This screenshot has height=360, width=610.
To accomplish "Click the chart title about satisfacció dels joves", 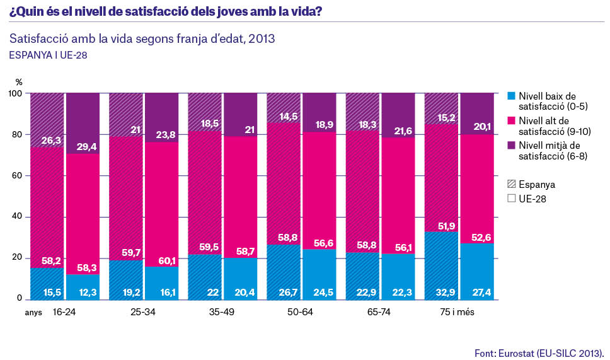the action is pos(166,11).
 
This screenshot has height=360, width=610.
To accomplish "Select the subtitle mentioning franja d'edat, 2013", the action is pos(142,39).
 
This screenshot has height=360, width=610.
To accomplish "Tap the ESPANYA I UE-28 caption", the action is pos(48,55).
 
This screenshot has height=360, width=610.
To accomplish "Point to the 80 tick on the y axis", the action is pos(16,135).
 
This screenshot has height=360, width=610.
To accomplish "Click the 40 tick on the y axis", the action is pos(16,217).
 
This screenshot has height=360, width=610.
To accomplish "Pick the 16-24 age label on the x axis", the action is pos(64,312).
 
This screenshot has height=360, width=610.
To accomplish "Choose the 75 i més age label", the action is pos(457,312).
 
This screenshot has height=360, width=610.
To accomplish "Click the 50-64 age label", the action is pos(300,312).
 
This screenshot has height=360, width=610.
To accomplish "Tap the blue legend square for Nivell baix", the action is pos(512,96).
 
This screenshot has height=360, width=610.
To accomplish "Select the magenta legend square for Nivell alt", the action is pos(512,120).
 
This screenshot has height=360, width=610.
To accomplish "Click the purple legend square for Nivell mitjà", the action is pos(512,145).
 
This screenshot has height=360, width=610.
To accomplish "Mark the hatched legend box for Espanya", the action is pos(512,184).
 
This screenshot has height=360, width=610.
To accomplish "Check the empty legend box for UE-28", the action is pos(512,199).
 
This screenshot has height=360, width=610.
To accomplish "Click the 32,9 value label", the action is pos(446,293).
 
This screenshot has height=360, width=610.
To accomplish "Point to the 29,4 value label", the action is pos(87,147).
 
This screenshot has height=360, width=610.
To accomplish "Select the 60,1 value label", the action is pos(167,260).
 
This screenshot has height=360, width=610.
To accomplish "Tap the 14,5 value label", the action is pos(288,117).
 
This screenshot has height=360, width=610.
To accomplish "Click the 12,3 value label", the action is pos(88,293).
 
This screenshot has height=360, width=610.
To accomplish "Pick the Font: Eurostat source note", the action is pos(539,354).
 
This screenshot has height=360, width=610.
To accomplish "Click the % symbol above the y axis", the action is pos(19,82).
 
